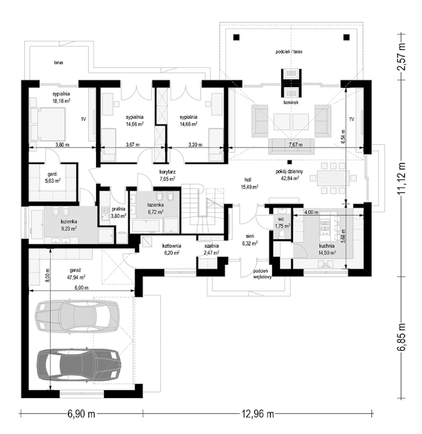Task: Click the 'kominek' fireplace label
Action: pyautogui.click(x=291, y=103)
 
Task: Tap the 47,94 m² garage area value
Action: pyautogui.click(x=76, y=277)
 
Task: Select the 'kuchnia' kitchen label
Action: pyautogui.click(x=327, y=246)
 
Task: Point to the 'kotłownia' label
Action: pyautogui.click(x=172, y=246)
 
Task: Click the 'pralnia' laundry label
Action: pyautogui.click(x=118, y=209)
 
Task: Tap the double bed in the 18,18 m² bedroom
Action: pyautogui.click(x=47, y=125)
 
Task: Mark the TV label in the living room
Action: pyautogui.click(x=352, y=120)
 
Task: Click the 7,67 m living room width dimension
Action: pyautogui.click(x=296, y=145)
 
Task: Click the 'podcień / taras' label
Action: pyautogui.click(x=289, y=52)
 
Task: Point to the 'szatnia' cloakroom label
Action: pyautogui.click(x=211, y=246)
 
